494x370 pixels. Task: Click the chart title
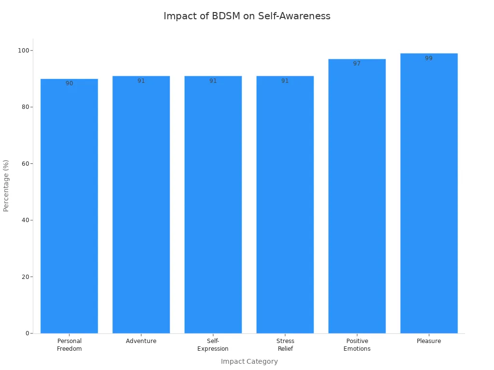(247, 16)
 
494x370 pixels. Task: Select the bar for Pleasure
(429, 193)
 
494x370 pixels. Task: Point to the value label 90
(69, 83)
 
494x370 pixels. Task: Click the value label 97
(357, 64)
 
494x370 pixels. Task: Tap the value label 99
(429, 58)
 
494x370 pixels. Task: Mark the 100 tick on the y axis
(23, 51)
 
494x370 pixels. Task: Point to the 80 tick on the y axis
(25, 107)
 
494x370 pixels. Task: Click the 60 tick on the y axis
(25, 164)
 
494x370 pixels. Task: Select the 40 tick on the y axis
(25, 220)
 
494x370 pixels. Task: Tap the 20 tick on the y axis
(25, 277)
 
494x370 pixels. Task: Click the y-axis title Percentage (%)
(6, 185)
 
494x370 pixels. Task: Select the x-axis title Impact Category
(249, 361)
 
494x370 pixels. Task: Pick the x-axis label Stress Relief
(285, 345)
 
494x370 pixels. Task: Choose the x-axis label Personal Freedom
(69, 345)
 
